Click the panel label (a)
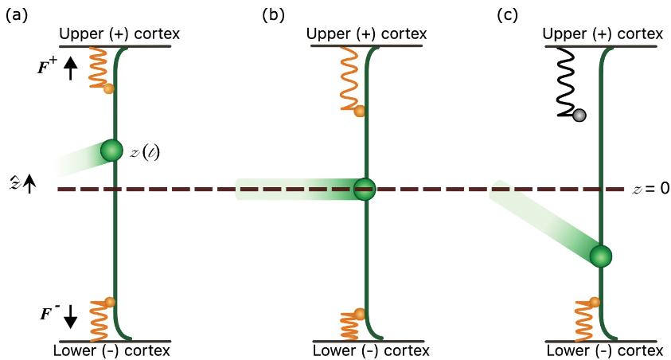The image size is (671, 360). click(x=16, y=14)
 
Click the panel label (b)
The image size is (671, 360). click(x=271, y=14)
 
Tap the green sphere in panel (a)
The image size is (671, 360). click(x=111, y=150)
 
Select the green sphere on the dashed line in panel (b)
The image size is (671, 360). click(x=365, y=189)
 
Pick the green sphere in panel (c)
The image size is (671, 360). click(x=601, y=256)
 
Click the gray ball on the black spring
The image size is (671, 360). click(x=579, y=115)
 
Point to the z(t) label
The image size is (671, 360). click(x=144, y=151)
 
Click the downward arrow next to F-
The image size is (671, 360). click(x=71, y=316)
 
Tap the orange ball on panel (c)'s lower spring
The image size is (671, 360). click(x=594, y=302)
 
